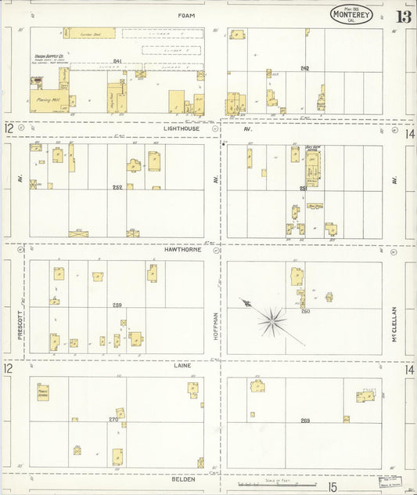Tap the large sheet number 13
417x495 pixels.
(404, 16)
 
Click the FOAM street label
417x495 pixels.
(185, 15)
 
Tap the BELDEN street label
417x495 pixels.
(183, 478)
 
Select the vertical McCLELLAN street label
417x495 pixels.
(396, 323)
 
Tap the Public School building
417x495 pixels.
(44, 392)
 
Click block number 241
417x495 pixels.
(117, 61)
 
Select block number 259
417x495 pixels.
(117, 305)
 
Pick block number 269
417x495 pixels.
(305, 421)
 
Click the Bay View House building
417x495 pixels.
(313, 167)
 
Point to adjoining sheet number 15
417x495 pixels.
(333, 487)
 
